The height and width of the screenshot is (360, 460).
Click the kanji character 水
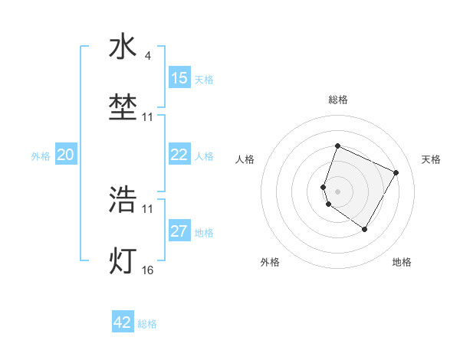(123, 47)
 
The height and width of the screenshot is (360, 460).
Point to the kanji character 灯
(123, 260)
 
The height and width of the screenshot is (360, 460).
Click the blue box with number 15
(179, 78)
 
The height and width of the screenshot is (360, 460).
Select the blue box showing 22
(179, 155)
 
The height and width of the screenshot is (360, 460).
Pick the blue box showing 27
(179, 231)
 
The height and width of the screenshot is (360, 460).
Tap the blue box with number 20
(65, 155)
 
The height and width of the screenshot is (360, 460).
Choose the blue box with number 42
(123, 322)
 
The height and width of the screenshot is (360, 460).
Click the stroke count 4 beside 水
(148, 55)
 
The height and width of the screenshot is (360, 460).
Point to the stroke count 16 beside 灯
(148, 270)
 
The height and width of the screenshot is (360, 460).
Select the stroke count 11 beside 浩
(148, 208)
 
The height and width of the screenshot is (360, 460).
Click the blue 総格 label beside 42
(148, 324)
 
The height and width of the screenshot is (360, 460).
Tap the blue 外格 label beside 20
(41, 156)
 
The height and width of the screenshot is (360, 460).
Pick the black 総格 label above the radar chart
(337, 100)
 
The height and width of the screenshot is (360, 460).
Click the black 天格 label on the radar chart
(431, 159)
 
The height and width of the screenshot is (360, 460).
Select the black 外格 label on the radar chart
(270, 262)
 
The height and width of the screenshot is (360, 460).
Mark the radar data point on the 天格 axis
(396, 172)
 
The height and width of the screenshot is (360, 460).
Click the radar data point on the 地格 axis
(365, 229)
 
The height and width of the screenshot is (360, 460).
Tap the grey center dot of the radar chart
(337, 191)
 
